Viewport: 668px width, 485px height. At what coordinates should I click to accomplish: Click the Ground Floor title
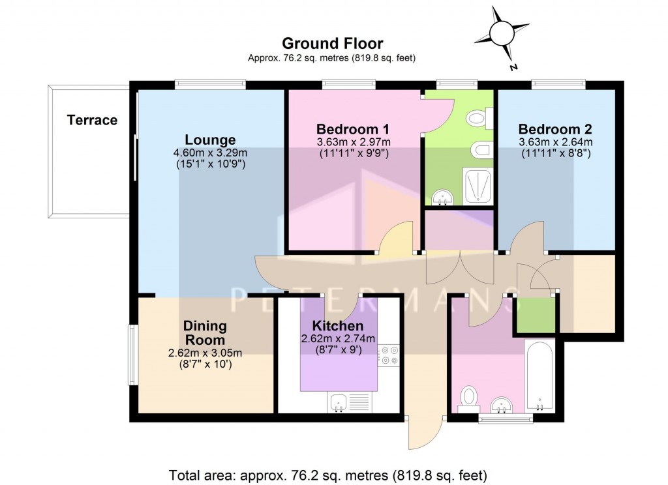tap(332, 43)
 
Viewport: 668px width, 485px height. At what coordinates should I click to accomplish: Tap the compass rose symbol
tap(502, 33)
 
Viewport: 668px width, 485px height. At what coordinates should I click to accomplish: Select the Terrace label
tap(92, 120)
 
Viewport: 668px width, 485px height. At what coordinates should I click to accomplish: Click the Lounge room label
tap(210, 140)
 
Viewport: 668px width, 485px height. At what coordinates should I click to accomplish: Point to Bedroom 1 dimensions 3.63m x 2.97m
tap(353, 141)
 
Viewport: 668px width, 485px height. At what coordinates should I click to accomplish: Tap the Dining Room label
tap(204, 332)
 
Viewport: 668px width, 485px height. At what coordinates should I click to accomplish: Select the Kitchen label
tap(337, 326)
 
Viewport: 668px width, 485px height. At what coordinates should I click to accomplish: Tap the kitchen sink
tap(338, 402)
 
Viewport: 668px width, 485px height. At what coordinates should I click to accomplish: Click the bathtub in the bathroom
tap(539, 375)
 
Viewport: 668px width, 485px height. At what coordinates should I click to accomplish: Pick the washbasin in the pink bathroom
tap(501, 405)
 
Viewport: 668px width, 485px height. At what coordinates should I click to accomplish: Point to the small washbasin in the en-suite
tap(444, 197)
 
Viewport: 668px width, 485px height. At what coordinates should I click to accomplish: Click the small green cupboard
tap(535, 316)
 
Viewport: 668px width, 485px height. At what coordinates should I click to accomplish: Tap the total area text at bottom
tap(328, 474)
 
